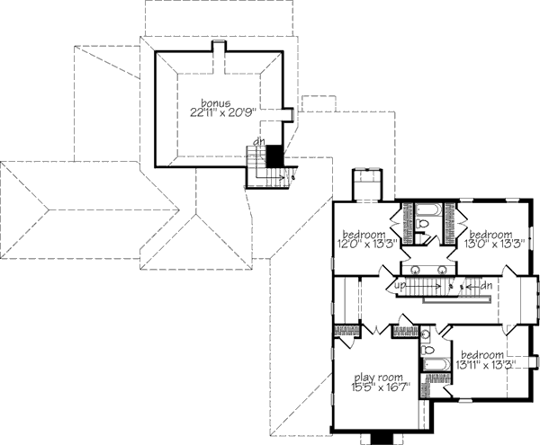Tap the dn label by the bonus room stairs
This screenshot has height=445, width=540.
pyautogui.click(x=257, y=141)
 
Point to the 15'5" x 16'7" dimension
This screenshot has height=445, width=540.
pyautogui.click(x=381, y=387)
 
